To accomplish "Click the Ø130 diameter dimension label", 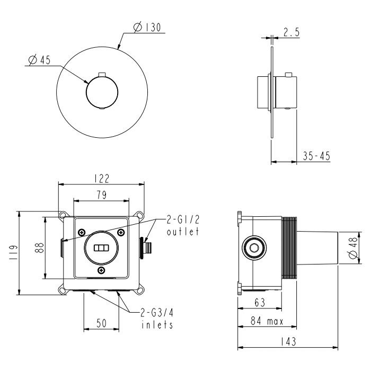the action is point(147,27).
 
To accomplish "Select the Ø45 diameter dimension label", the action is point(39,60).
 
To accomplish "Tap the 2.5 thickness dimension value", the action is point(291,32).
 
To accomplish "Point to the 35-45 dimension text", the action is point(316,156).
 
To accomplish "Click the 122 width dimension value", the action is point(102,179).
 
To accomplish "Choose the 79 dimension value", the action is point(102,195).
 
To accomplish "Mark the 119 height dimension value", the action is point(13,252).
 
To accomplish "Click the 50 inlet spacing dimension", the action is point(102,323).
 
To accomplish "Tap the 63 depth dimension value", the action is point(260,303).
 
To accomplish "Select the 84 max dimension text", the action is point(267,321).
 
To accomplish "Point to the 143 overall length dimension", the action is point(288,341).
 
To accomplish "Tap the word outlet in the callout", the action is point(183,231).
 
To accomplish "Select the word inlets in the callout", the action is point(157,324).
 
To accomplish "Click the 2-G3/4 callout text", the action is point(157,313).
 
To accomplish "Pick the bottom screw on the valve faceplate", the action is point(102,270).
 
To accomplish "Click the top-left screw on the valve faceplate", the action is point(82,232).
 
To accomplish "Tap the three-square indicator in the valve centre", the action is point(102,248).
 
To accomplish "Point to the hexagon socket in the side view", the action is point(254,248).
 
